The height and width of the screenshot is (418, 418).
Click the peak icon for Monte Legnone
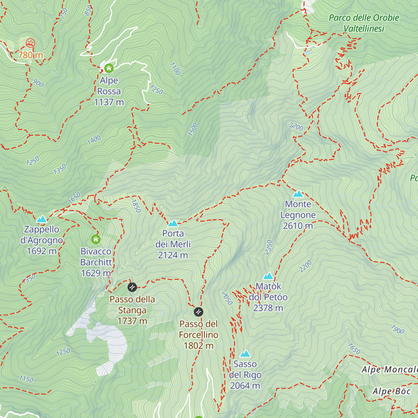click(298, 194)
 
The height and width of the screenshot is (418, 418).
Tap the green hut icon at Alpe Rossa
click(109, 68)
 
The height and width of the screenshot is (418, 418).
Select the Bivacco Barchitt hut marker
click(96, 239)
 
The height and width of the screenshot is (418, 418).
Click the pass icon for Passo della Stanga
click(132, 287)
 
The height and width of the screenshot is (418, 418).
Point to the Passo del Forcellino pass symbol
click(198, 311)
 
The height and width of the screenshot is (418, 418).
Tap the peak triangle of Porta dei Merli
click(173, 223)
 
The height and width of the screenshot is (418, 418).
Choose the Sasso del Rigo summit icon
click(245, 354)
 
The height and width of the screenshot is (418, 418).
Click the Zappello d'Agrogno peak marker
click(42, 219)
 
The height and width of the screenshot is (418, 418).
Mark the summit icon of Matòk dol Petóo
click(268, 276)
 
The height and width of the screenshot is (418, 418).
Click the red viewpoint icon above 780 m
click(31, 43)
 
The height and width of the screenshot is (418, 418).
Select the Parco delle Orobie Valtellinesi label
click(364, 23)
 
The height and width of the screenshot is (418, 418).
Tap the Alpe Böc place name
click(392, 391)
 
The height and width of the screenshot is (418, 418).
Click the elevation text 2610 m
click(298, 226)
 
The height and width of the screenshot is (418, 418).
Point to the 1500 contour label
click(193, 129)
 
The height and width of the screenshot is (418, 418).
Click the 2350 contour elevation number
click(269, 247)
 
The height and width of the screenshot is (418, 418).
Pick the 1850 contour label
click(136, 206)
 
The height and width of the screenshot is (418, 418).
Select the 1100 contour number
click(175, 69)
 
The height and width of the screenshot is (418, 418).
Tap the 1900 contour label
click(397, 329)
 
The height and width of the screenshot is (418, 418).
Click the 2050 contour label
click(227, 298)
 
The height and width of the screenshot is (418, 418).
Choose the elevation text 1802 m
click(199, 346)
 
